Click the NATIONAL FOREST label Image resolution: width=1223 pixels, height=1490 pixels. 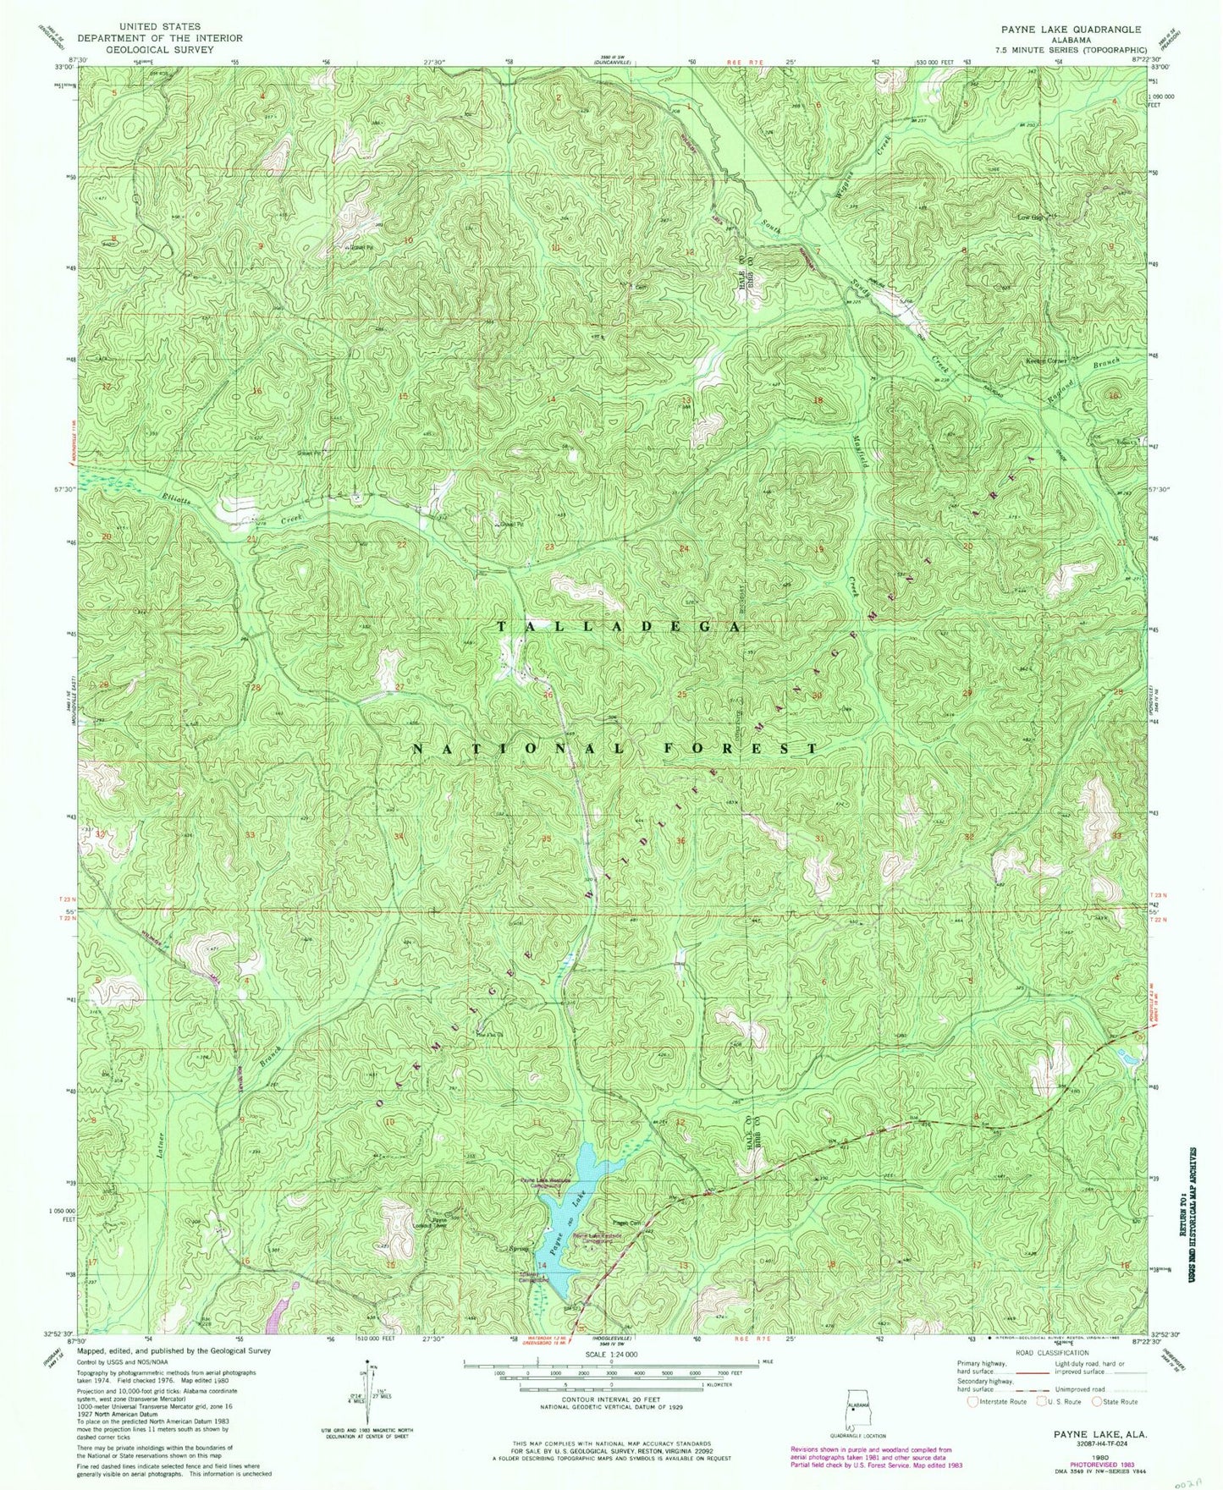click(x=617, y=749)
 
